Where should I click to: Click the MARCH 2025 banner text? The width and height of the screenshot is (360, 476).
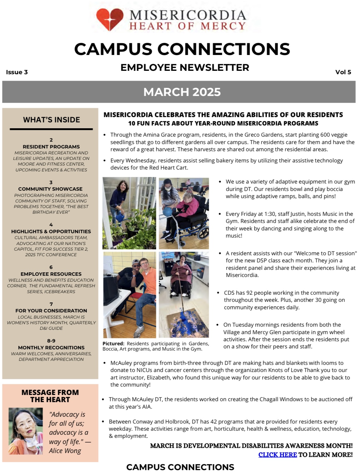click(182, 92)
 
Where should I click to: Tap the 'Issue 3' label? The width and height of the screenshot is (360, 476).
click(17, 72)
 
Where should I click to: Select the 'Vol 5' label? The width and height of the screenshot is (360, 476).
click(343, 72)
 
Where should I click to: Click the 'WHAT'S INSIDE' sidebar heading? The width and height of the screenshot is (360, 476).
click(52, 120)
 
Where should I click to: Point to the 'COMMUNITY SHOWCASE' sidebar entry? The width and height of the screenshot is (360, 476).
click(50, 189)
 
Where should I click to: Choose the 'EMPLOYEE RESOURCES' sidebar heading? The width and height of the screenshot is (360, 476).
click(51, 274)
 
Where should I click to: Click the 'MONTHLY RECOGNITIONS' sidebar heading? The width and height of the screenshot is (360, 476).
click(51, 347)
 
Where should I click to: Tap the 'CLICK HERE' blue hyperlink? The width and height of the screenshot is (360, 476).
click(277, 455)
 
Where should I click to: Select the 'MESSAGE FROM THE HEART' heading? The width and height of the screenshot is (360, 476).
click(50, 396)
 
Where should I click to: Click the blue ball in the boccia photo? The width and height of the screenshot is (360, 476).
click(168, 211)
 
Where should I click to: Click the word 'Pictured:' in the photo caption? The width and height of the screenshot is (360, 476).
click(113, 343)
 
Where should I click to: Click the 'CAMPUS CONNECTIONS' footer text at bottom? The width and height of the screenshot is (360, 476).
click(180, 467)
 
